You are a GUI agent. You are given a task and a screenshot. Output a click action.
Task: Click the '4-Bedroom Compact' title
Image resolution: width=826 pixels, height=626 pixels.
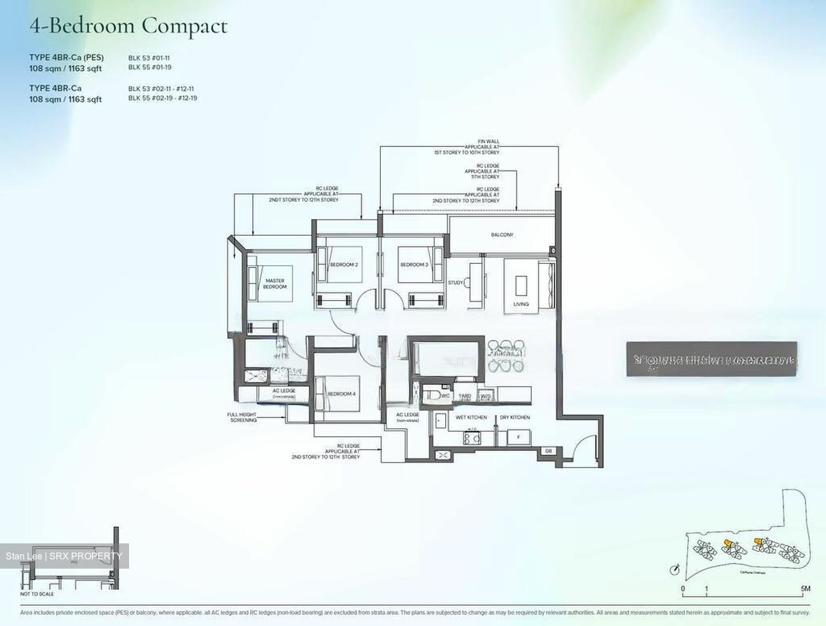click(128, 26)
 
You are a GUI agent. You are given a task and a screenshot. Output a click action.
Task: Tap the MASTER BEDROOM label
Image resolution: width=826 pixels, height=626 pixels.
click(275, 283)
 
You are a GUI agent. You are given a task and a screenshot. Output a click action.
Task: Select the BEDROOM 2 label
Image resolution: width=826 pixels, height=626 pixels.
click(344, 265)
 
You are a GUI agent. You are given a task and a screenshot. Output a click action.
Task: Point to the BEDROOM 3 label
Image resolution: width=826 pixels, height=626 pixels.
click(414, 265)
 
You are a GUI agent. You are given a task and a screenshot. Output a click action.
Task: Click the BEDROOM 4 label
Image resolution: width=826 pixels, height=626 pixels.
click(341, 394)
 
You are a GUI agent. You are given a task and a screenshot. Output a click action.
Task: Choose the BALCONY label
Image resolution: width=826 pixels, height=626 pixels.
click(502, 235)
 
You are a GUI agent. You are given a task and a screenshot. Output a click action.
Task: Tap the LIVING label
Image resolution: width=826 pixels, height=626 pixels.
click(521, 304)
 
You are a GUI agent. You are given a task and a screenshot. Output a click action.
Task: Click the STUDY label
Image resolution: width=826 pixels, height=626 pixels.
click(455, 282)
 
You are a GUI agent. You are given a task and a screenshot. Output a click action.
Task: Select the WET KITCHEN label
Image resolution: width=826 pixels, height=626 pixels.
click(471, 417)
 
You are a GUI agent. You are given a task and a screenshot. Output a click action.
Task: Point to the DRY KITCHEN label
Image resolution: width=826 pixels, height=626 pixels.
click(515, 417)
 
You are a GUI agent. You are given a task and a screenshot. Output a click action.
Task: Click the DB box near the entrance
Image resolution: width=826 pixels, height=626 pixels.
click(548, 451)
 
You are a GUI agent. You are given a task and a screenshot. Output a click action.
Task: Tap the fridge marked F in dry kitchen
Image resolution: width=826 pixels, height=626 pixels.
click(519, 437)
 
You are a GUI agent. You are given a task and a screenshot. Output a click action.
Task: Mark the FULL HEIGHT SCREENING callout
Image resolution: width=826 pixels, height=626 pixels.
click(242, 417)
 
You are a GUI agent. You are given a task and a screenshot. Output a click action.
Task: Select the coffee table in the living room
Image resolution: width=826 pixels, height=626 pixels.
click(521, 285)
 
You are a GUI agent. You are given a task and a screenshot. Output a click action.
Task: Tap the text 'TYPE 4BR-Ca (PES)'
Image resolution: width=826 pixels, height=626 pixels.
click(67, 57)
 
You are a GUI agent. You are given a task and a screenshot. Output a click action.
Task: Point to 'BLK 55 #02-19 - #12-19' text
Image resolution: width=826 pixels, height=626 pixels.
click(162, 98)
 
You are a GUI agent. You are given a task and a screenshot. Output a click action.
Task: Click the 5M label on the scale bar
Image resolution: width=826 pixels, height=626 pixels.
click(805, 589)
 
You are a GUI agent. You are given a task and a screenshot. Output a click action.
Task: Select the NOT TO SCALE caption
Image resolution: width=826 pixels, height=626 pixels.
click(37, 594)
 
